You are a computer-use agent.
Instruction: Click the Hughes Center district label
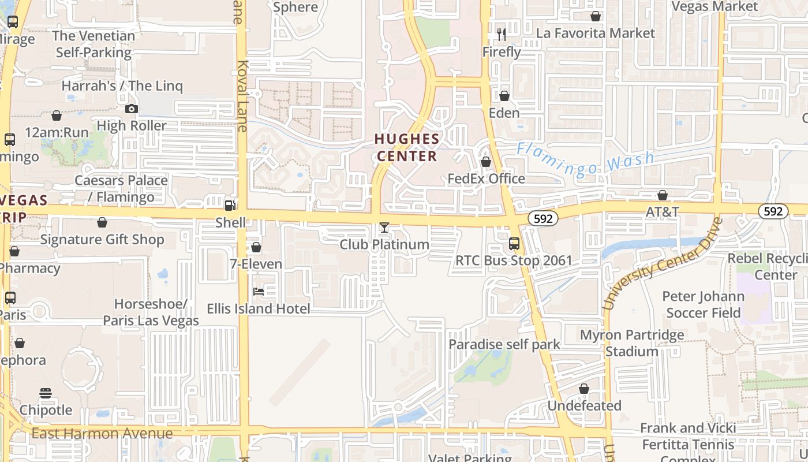pos(407,147)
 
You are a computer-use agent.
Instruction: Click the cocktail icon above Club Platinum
pos(384,228)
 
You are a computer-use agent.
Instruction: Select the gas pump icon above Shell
pos(230,205)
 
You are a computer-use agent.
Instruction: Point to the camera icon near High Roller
pos(131,109)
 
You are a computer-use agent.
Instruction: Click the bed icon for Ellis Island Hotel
pos(259,292)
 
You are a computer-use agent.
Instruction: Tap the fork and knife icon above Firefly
pos(502,35)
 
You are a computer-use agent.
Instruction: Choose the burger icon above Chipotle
pos(46,393)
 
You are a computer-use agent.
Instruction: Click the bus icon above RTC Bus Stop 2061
pos(514,244)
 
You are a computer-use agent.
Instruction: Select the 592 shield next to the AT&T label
pos(773,211)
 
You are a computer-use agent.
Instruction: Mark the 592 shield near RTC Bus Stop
pos(543,218)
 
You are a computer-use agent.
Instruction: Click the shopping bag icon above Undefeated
pos(584,389)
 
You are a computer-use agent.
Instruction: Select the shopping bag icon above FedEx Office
pos(486,162)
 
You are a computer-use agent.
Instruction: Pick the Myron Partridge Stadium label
pos(631,343)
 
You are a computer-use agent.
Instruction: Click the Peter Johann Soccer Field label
pos(703,304)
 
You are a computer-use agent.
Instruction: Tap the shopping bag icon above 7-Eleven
pos(256,247)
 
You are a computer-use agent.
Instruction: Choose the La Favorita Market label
pos(595,33)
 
